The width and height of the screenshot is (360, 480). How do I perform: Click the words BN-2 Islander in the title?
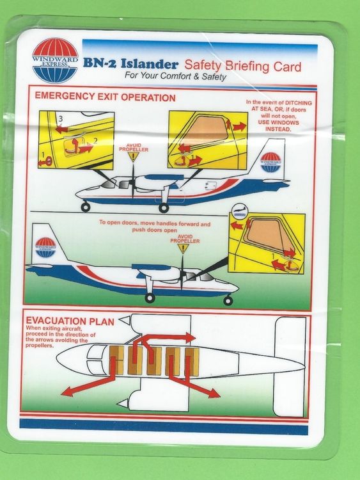coord(130,64)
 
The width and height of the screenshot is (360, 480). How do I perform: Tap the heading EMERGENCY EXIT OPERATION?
coord(105,98)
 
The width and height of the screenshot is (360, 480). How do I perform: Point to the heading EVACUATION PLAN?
coord(71,319)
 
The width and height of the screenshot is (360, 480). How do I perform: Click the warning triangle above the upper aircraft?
coord(133,157)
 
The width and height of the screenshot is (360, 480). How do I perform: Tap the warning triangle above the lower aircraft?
coord(183,248)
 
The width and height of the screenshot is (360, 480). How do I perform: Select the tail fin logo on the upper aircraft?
coord(271,161)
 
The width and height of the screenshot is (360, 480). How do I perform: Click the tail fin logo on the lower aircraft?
coord(46,246)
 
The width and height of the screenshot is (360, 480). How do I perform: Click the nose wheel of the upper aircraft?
coord(85,207)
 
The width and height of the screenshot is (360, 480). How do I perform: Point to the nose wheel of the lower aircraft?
coord(228,300)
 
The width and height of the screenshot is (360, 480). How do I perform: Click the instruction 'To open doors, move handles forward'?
coord(154,225)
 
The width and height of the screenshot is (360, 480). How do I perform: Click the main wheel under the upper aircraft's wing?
coord(164,207)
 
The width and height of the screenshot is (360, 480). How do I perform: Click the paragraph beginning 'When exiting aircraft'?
coord(61,336)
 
